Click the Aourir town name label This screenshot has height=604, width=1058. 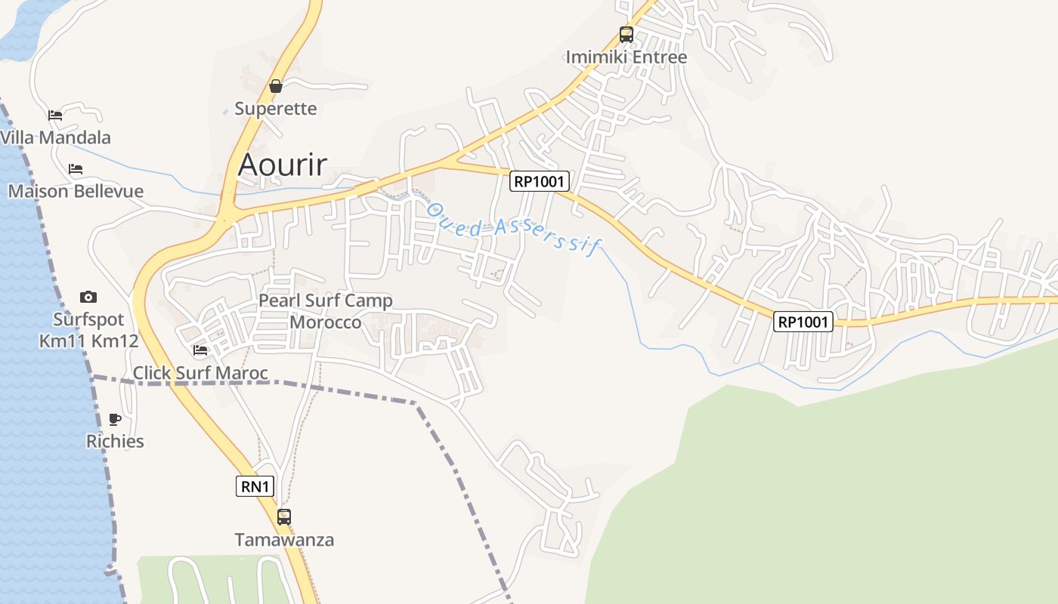tap(283, 165)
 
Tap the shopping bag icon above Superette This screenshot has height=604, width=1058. tap(276, 86)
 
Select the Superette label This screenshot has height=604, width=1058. tap(276, 109)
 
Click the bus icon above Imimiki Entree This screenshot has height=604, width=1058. tap(626, 34)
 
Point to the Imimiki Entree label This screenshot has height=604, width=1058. tap(626, 57)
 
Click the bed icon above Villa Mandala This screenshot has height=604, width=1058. tap(55, 116)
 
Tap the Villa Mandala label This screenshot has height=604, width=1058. tap(56, 137)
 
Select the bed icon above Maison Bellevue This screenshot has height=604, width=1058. tap(76, 168)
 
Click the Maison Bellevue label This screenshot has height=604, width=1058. tap(76, 191)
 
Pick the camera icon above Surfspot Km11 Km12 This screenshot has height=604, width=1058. tap(88, 297)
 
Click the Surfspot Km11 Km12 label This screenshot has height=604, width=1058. tap(89, 330)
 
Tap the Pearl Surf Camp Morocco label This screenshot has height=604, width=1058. tap(326, 311)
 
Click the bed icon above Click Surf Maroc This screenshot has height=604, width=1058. tap(200, 350)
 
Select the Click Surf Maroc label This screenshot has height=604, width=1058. tap(200, 373)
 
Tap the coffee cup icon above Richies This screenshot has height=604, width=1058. tap(115, 419)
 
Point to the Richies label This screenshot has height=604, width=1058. tap(115, 441)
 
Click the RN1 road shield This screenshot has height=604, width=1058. tap(255, 486)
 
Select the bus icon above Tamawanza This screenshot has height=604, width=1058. tap(284, 517)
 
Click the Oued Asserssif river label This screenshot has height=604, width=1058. tap(512, 227)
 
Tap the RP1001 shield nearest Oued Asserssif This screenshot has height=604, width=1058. tap(540, 180)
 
